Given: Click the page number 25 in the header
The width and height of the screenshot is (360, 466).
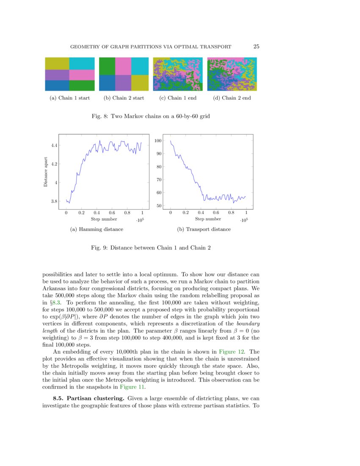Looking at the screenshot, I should pyautogui.click(x=256, y=47).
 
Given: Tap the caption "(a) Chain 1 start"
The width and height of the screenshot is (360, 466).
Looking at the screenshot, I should pyautogui.click(x=69, y=98).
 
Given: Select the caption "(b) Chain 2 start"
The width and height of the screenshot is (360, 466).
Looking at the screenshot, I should pyautogui.click(x=124, y=98).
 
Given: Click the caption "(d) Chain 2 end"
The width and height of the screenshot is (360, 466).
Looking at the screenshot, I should pyautogui.click(x=232, y=98).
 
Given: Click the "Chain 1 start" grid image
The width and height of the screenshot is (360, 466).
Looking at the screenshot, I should pyautogui.click(x=70, y=74).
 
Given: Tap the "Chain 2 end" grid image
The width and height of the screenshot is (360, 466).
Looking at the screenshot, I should pyautogui.click(x=232, y=74).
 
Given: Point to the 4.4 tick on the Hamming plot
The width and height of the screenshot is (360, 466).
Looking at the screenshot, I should pyautogui.click(x=54, y=145).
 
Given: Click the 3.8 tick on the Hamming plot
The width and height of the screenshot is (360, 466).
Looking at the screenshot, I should pyautogui.click(x=54, y=201).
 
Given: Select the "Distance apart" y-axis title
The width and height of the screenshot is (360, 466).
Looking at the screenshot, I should pyautogui.click(x=45, y=173).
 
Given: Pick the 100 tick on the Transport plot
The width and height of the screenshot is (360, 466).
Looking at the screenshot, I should pyautogui.click(x=158, y=141).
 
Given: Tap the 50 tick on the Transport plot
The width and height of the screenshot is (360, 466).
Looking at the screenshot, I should pyautogui.click(x=159, y=206).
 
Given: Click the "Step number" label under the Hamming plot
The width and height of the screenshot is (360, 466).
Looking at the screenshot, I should pyautogui.click(x=104, y=219).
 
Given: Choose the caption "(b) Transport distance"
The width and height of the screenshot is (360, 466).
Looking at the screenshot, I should pyautogui.click(x=204, y=229).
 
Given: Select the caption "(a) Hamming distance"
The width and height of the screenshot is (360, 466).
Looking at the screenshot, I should pyautogui.click(x=97, y=229).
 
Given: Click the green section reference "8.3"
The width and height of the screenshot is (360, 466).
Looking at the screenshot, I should pyautogui.click(x=58, y=303).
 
